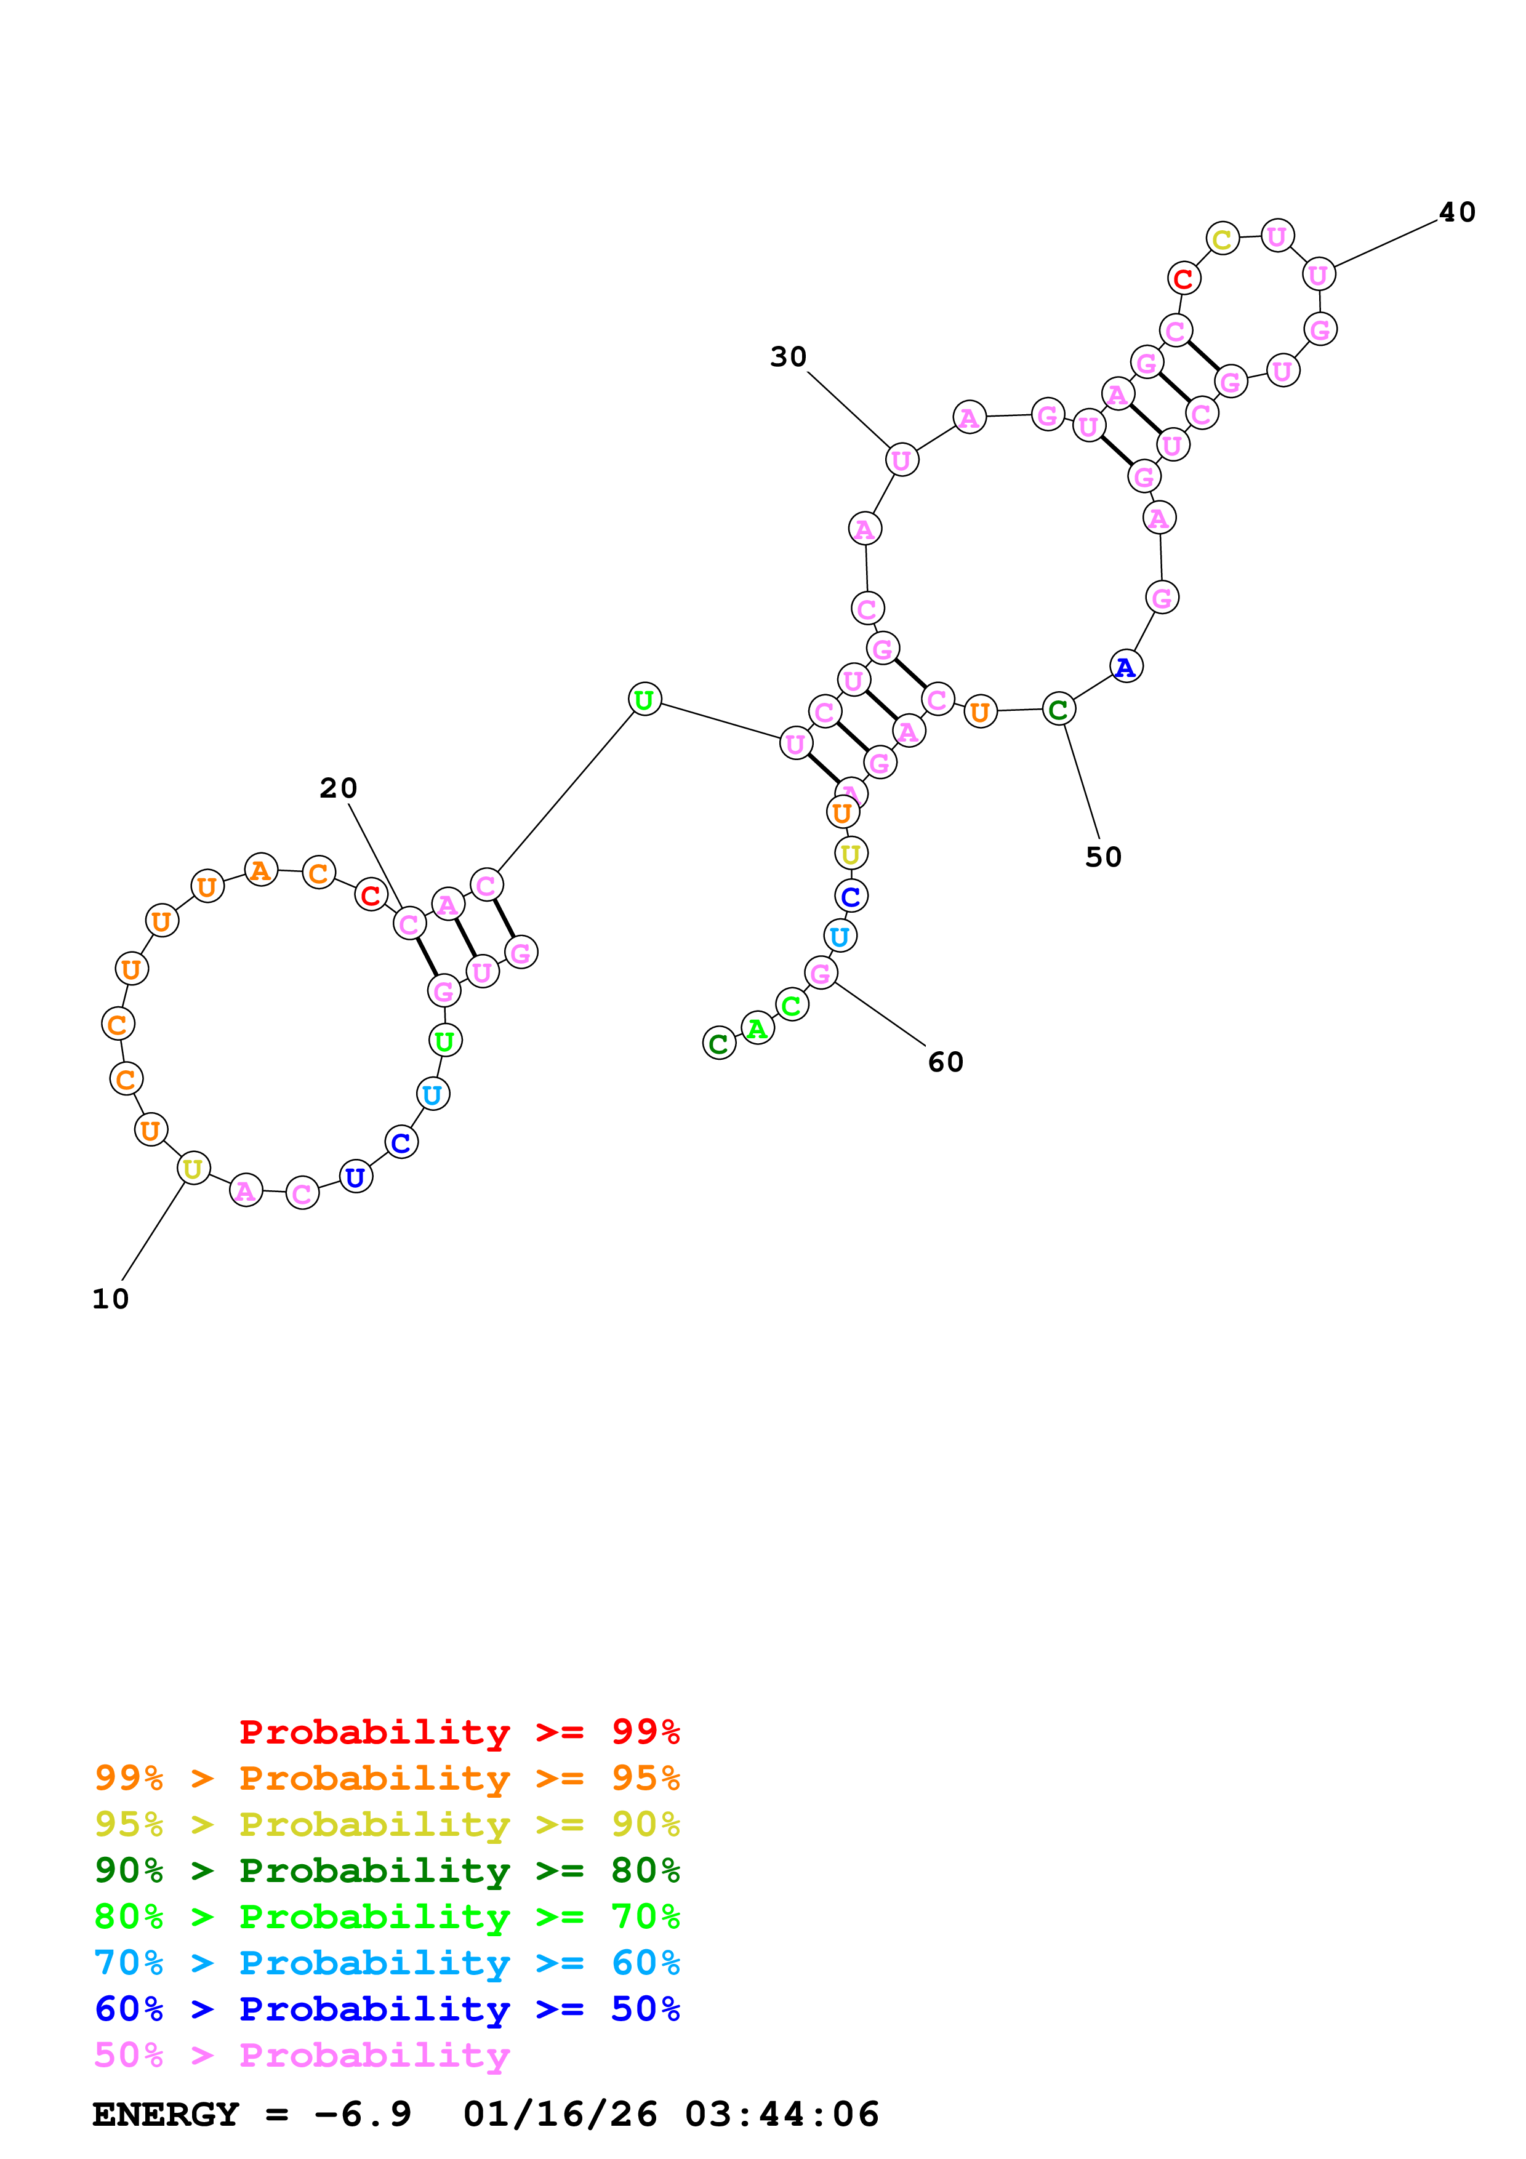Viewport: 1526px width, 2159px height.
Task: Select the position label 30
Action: (788, 358)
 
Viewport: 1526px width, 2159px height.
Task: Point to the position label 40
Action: (1456, 212)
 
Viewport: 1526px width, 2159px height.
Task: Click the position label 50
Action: (1103, 857)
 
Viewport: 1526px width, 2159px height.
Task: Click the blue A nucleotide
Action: (1125, 667)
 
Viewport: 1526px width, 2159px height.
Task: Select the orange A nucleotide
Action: (260, 870)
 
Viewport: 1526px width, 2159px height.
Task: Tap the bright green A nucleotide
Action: (757, 1028)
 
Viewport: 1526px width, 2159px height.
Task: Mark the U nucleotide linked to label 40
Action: (1318, 274)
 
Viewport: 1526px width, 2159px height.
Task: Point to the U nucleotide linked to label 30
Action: (901, 460)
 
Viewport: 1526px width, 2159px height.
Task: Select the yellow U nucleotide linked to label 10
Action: (193, 1168)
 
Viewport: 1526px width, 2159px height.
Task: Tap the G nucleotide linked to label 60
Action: (821, 973)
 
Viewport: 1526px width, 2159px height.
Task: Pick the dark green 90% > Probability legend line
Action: (387, 1870)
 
